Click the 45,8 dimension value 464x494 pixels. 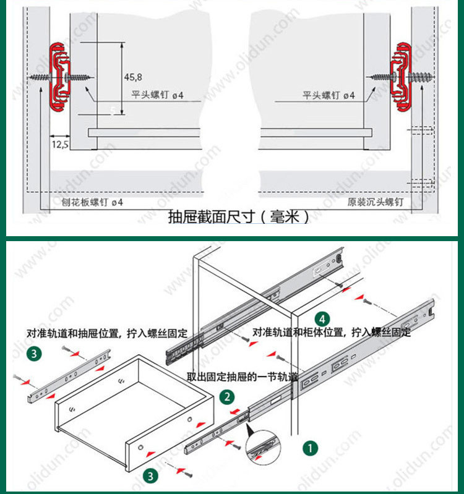[x=133, y=77]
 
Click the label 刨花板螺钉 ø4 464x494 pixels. [x=92, y=202]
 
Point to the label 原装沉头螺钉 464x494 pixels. [x=376, y=202]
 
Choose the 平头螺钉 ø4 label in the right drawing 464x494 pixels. [x=329, y=95]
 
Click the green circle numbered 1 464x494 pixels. [x=308, y=446]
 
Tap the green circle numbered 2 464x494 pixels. [x=228, y=396]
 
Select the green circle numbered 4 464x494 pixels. [x=321, y=319]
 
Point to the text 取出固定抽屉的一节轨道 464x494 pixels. [x=243, y=377]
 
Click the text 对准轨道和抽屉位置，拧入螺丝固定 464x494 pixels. [x=106, y=332]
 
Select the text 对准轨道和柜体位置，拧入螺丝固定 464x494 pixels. [x=331, y=332]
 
